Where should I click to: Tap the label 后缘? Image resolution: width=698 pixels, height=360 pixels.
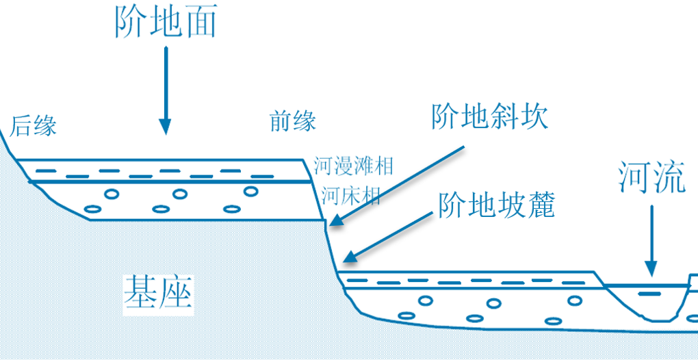coord(33,126)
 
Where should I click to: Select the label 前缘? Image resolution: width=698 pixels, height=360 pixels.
coord(293,122)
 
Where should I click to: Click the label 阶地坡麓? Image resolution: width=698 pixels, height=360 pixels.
coord(495,205)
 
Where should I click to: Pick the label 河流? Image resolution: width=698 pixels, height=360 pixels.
coord(651,177)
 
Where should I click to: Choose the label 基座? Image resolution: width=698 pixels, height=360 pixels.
coord(158,293)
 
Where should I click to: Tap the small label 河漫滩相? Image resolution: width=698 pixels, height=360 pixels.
coord(353,166)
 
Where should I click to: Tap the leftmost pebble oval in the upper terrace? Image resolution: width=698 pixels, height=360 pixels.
coord(91,209)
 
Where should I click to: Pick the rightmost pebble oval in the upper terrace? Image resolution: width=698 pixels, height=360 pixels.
coord(251,191)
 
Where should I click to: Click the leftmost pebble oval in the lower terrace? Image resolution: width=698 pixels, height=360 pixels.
coord(406,316)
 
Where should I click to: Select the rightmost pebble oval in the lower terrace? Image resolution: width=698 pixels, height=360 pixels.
coord(574,300)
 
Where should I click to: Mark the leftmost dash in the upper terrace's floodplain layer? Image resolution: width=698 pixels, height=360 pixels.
coord(46,170)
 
